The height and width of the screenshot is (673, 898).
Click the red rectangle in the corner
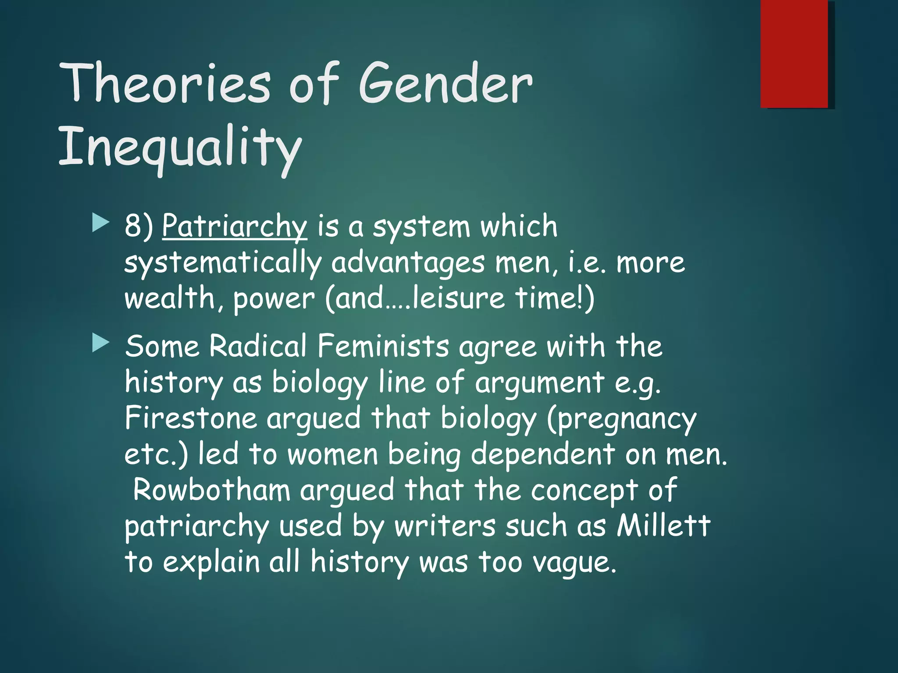(794, 53)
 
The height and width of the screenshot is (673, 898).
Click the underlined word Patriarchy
(235, 227)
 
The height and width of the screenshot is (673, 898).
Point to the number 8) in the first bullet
(139, 227)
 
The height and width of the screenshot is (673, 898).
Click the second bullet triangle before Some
(100, 343)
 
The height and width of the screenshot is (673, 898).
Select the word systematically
(223, 263)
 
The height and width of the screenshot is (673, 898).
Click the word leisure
(459, 299)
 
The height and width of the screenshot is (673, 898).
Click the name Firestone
(190, 418)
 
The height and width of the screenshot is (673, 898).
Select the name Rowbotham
(211, 490)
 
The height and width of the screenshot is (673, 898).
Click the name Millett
(663, 526)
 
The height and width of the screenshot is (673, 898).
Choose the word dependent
(542, 455)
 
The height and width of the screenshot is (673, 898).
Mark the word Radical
(257, 346)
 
